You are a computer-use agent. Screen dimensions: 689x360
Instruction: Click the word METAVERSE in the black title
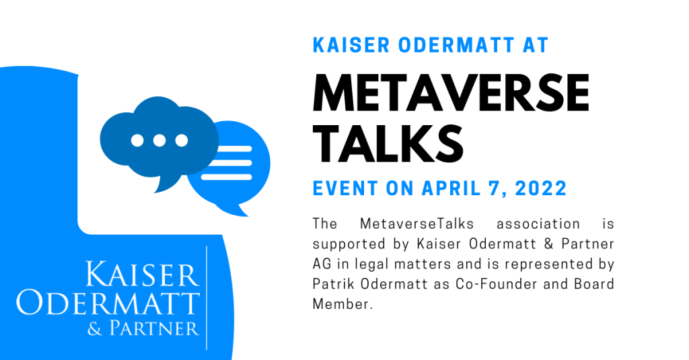pos(451,93)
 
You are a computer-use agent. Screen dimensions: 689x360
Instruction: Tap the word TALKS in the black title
pos(388,143)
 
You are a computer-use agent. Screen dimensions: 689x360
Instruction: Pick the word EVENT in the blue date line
pos(345,188)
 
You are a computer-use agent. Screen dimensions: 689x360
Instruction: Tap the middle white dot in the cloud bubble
pos(159,141)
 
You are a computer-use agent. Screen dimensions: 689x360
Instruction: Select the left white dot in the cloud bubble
pos(137,141)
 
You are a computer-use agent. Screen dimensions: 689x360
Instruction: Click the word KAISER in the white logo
pos(142,275)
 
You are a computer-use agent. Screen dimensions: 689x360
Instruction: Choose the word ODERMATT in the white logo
pos(108,303)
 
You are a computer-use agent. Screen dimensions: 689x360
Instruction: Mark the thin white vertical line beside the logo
pos(207,298)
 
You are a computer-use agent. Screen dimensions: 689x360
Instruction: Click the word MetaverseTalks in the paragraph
pos(417,223)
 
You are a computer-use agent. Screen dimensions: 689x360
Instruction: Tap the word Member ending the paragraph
pos(342,303)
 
